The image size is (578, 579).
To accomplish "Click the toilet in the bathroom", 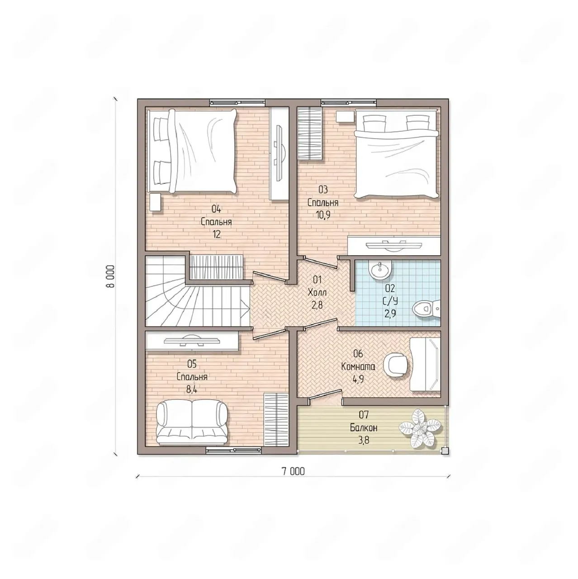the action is coord(426,308).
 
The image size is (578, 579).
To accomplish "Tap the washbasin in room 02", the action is coord(380,270).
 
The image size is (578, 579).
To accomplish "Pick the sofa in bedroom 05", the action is coord(192,422).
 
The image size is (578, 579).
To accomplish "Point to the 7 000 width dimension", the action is coord(293,471).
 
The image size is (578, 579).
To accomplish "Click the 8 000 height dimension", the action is coord(110,276).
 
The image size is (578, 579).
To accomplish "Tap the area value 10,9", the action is coord(323,215).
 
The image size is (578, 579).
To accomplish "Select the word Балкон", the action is coord(364,427).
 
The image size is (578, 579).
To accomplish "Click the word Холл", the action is coord(317,292).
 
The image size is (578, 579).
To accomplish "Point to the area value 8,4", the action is coord(192,390).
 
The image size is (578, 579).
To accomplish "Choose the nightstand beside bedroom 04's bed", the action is coord(155,202).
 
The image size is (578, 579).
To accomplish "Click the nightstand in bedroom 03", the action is coord(345,116).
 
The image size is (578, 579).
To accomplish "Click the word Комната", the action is coord(358,367).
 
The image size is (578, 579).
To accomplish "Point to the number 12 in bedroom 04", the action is coord(216,235).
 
